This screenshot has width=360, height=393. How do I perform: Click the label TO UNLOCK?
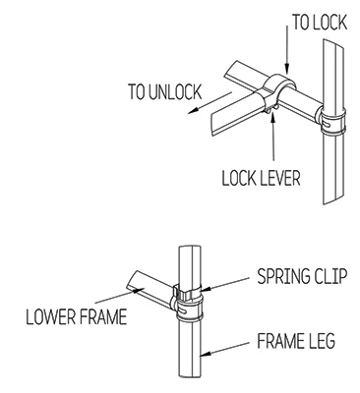point(164,92)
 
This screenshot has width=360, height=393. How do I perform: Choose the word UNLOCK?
point(176,92)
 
